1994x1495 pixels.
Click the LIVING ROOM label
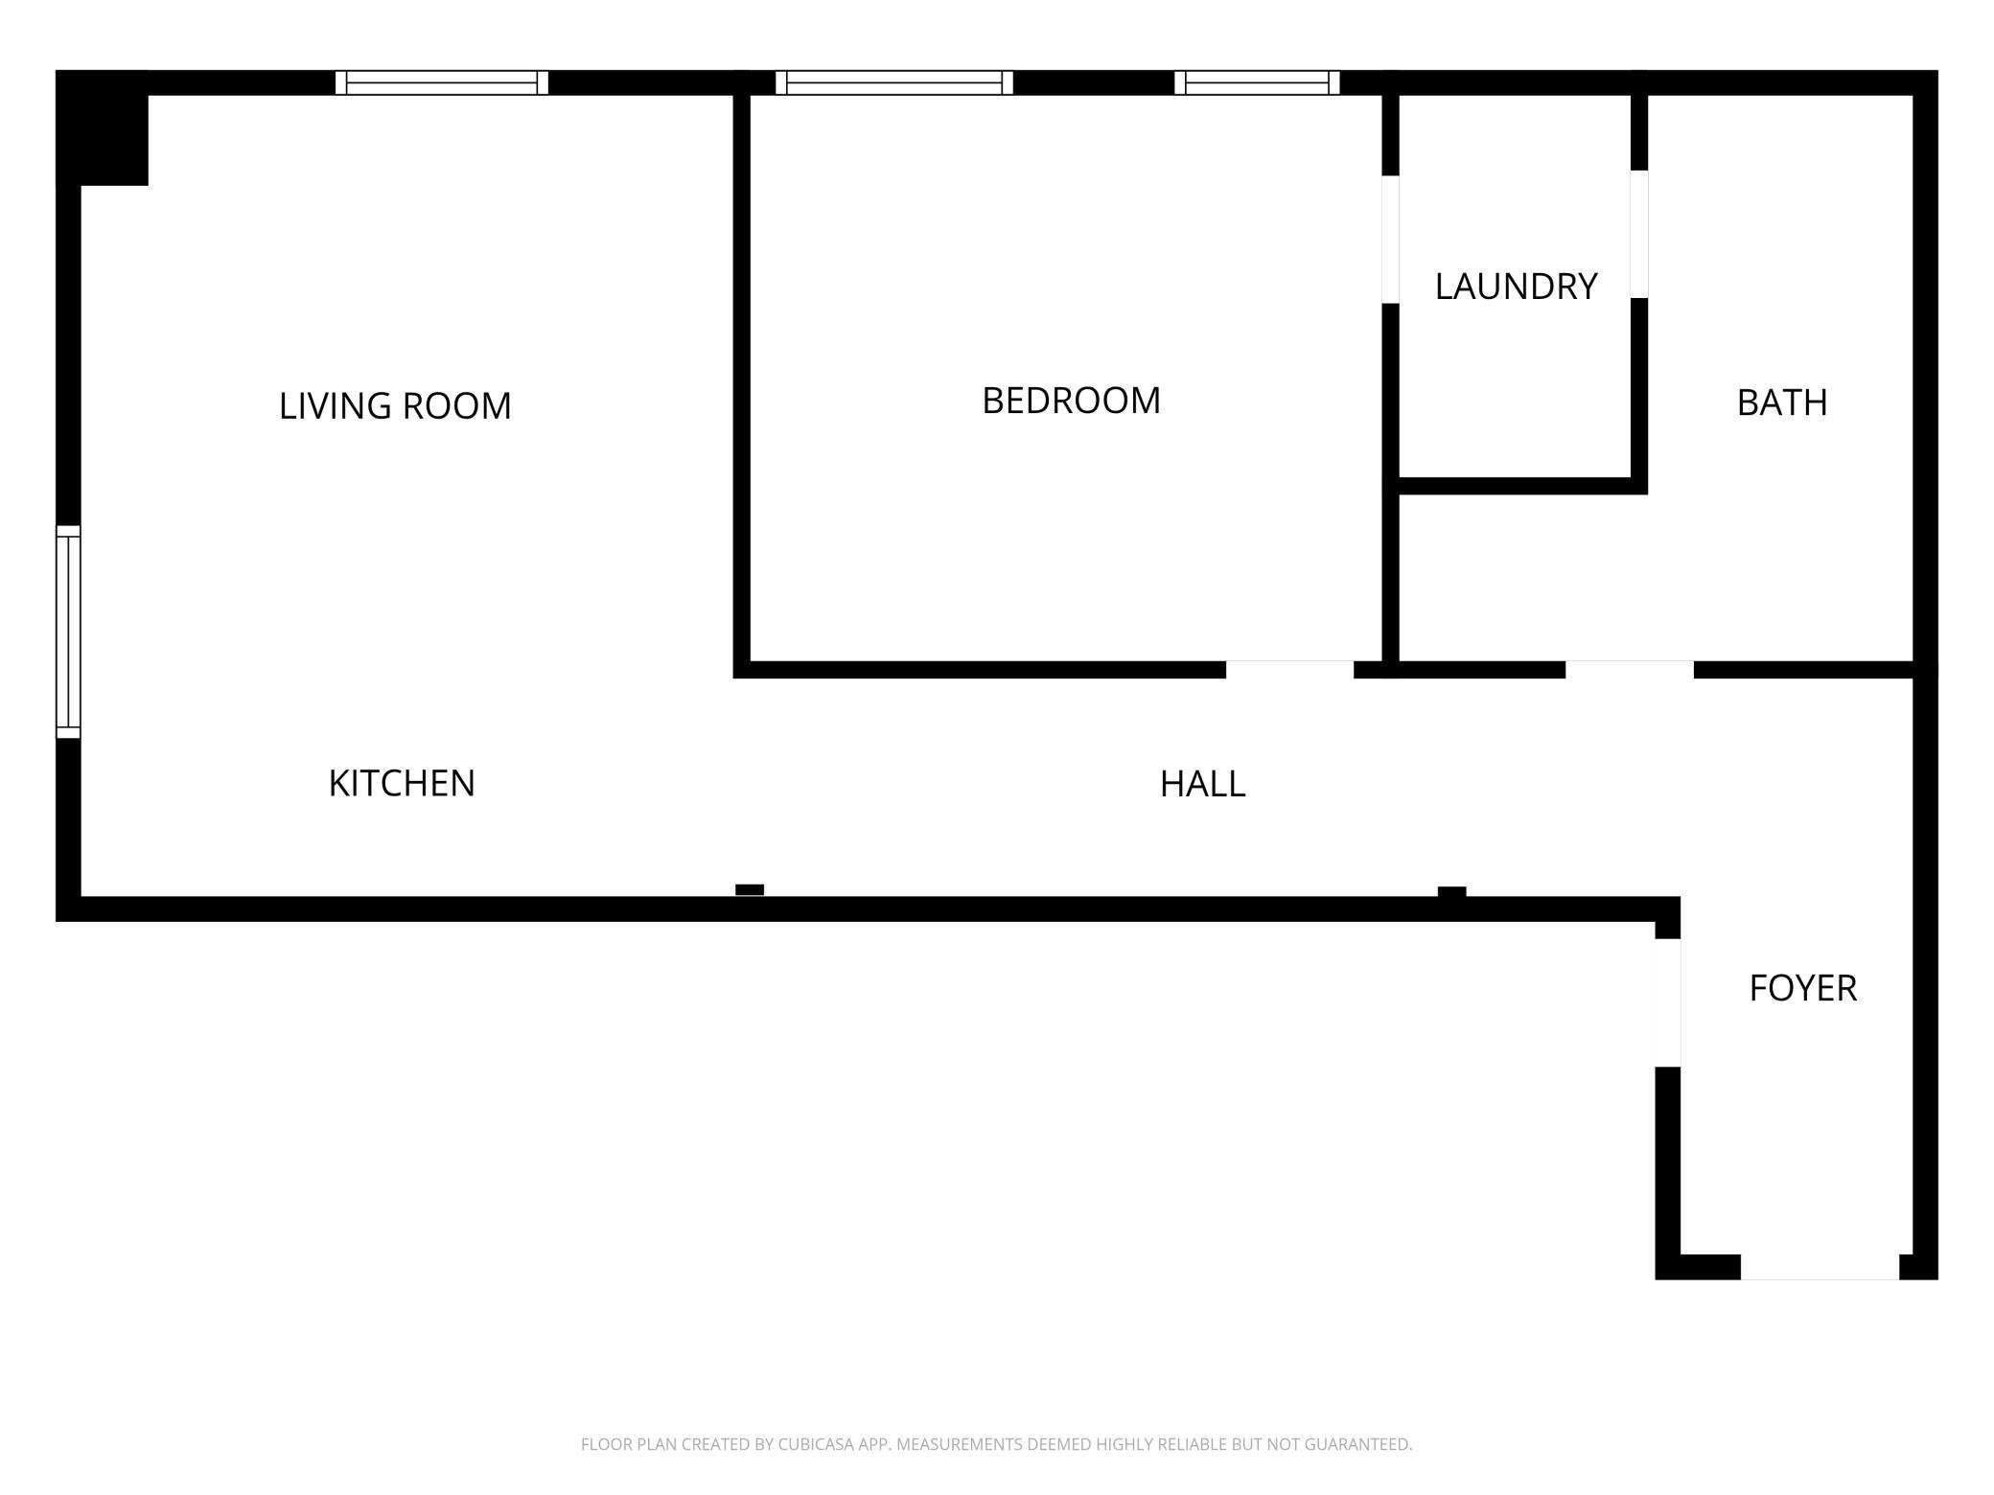click(x=395, y=405)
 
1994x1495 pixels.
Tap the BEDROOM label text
click(x=1071, y=401)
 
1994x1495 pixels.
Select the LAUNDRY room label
click(x=1516, y=287)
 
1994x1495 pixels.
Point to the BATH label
click(x=1782, y=402)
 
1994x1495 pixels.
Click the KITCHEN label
click(x=402, y=783)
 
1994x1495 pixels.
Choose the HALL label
click(x=1202, y=784)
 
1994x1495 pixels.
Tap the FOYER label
click(x=1802, y=988)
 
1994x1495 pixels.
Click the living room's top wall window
click(x=442, y=82)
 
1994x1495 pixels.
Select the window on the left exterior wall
click(x=68, y=632)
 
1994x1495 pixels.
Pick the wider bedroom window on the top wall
click(x=894, y=82)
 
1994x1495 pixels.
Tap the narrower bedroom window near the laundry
click(x=1257, y=82)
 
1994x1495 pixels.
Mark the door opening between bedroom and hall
click(x=1289, y=670)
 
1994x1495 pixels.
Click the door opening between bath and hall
click(x=1630, y=670)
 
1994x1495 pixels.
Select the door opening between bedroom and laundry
click(x=1390, y=240)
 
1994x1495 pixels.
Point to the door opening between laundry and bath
click(x=1639, y=235)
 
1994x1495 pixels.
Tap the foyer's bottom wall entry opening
click(x=1820, y=1267)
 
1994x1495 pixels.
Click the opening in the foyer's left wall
click(x=1668, y=1002)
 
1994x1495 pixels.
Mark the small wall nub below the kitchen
click(x=750, y=890)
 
